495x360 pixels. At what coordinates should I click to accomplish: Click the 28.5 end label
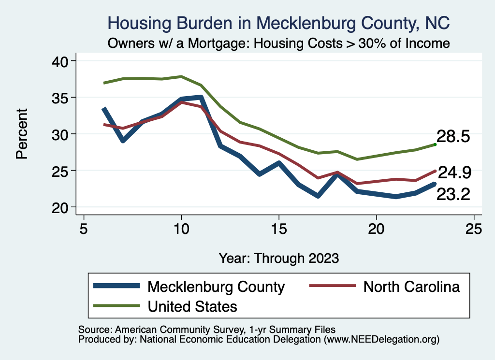[453, 136]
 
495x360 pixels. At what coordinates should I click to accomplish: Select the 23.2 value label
[453, 194]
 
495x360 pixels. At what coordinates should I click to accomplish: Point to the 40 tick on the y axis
[61, 61]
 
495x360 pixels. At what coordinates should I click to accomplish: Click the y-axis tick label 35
[61, 98]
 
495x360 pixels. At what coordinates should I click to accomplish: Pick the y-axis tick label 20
[61, 207]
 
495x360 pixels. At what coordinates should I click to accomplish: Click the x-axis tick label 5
[84, 228]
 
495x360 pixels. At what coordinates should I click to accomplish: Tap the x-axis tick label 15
[279, 228]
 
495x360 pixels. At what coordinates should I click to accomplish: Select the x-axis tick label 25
[474, 228]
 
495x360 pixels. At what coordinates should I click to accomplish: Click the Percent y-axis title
[21, 134]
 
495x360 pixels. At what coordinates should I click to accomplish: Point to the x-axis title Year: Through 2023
[279, 258]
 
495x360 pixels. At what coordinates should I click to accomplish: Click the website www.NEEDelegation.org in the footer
[381, 339]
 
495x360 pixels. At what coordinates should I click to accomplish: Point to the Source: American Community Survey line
[204, 330]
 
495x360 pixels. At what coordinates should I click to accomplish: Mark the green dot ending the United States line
[435, 144]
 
